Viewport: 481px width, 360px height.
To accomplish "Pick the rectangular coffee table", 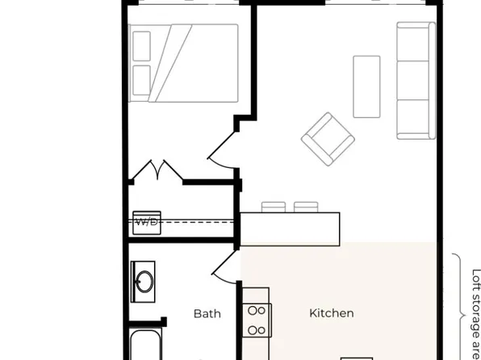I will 367,86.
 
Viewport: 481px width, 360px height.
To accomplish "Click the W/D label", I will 146,221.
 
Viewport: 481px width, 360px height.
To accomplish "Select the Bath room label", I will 207,313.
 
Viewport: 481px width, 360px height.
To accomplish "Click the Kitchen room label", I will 331,313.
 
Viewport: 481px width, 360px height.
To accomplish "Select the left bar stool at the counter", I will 274,207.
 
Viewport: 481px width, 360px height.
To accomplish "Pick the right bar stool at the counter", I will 306,207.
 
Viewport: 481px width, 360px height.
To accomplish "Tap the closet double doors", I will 155,172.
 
